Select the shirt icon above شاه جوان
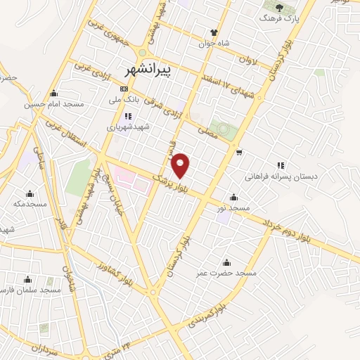[214, 32]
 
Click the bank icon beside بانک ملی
[124, 89]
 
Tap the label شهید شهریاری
[124, 127]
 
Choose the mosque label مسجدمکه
[30, 203]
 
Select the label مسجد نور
[233, 209]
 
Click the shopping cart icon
[240, 152]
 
